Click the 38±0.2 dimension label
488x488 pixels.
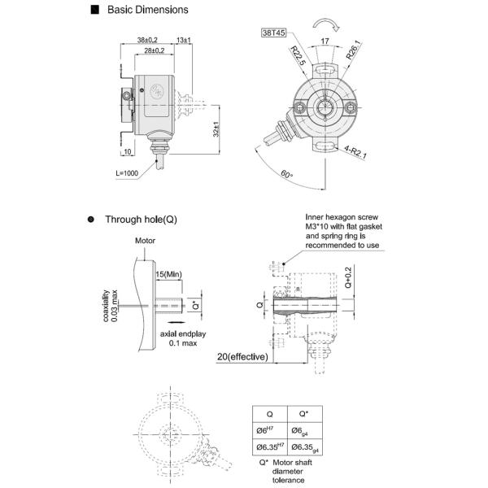147,40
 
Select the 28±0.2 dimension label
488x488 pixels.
154,50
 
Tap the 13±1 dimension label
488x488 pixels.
184,40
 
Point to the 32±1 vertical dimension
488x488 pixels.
216,129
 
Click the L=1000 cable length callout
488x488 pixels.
127,173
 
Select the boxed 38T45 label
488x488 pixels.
273,33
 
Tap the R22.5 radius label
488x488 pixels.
298,55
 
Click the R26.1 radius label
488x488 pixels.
354,50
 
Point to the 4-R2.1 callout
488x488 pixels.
355,152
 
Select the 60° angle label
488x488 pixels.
286,174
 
